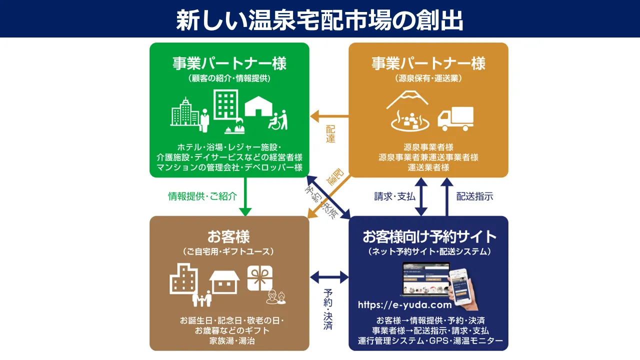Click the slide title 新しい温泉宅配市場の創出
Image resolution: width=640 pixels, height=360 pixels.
320,20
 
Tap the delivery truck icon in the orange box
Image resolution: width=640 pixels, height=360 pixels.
455,119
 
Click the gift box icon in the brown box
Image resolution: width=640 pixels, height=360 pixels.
260,278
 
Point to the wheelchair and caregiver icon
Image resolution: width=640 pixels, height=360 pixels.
278,119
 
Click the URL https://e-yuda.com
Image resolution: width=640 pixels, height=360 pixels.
404,304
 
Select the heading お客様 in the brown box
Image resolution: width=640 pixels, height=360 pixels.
228,236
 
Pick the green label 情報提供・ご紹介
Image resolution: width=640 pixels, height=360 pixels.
202,196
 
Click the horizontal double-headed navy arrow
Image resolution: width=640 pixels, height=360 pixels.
329,276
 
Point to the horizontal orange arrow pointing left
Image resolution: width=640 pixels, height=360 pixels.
329,116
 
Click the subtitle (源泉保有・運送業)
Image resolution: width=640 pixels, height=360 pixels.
428,78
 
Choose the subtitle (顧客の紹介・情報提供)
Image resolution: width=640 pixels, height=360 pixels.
229,78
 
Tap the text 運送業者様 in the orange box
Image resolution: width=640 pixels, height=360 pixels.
428,167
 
